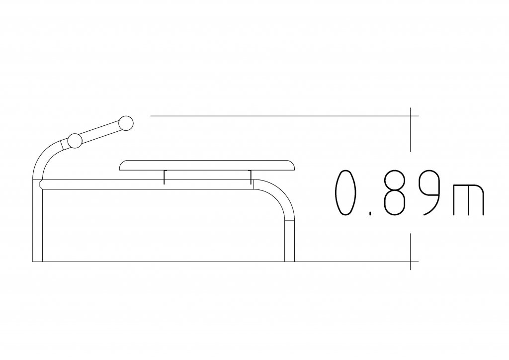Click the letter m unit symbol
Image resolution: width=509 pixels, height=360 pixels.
coord(468,200)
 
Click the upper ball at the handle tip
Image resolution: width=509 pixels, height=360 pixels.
coord(126,123)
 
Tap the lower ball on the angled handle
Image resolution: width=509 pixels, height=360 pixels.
coord(75,141)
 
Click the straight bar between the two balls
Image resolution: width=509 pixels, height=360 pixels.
coord(100,132)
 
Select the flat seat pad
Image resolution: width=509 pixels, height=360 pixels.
coord(207,165)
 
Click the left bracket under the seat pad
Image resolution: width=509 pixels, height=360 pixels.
coord(164,177)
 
